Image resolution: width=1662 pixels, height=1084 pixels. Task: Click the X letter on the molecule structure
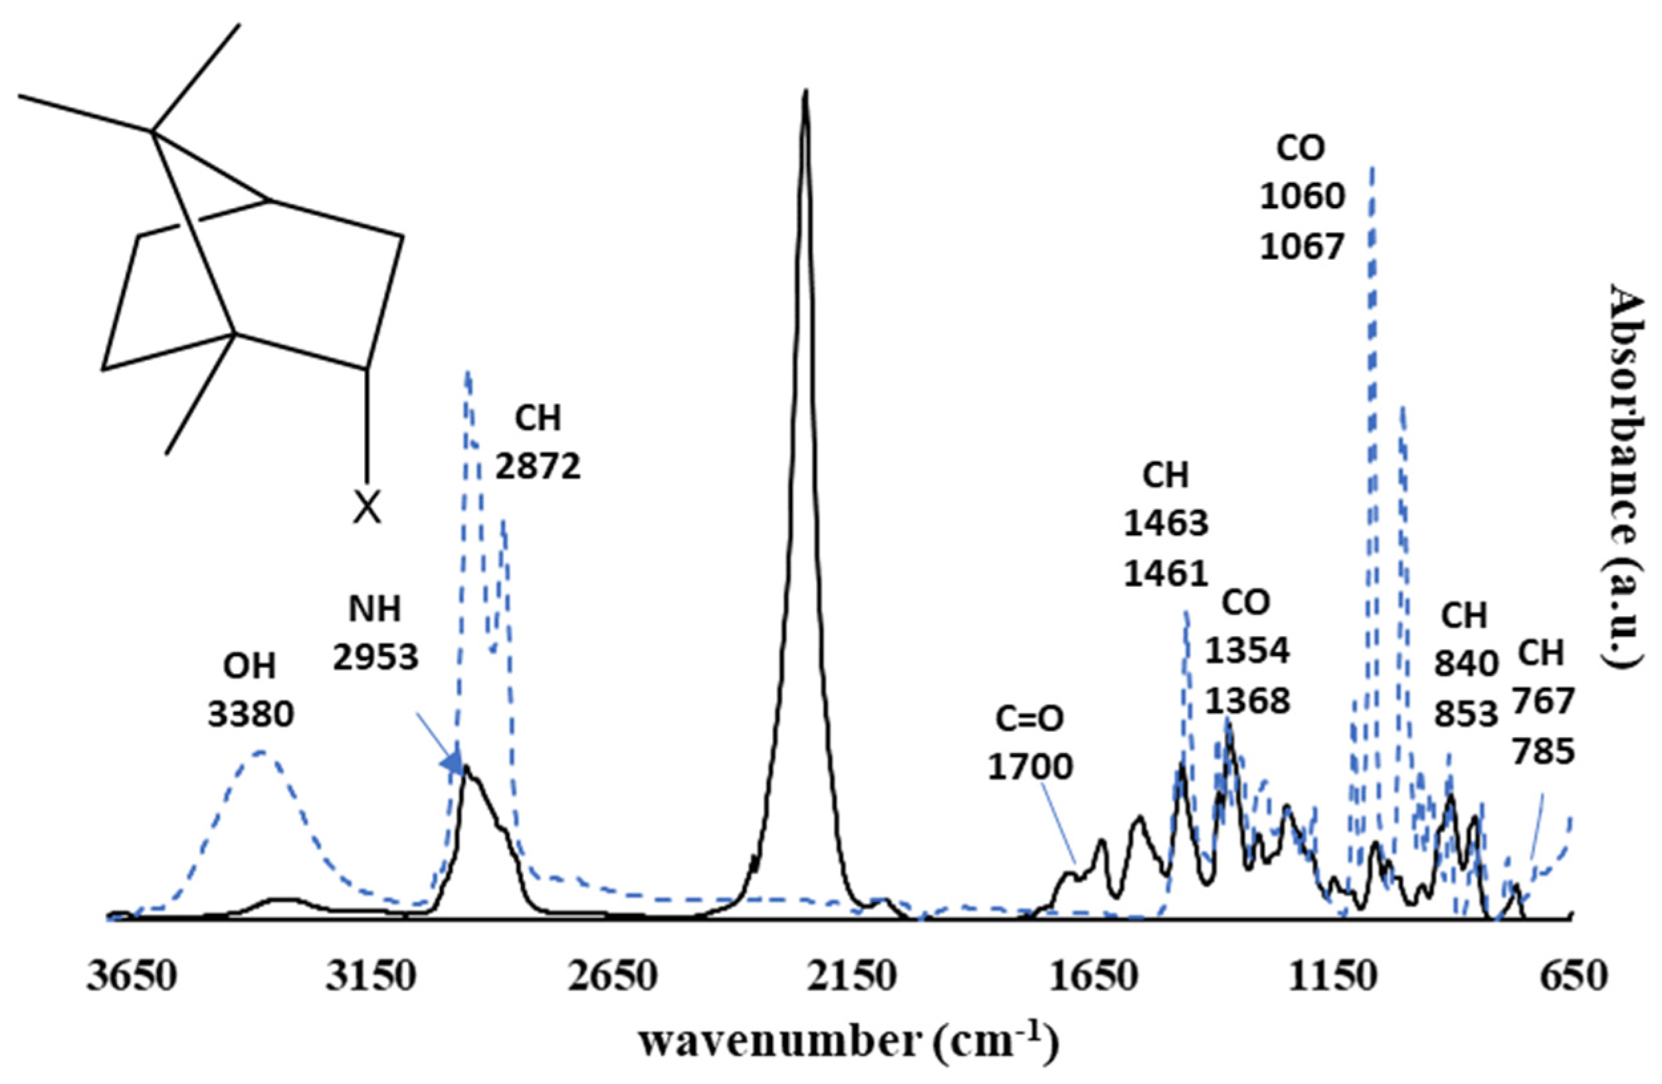tap(367, 508)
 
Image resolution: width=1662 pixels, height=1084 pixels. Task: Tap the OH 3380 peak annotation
tap(250, 690)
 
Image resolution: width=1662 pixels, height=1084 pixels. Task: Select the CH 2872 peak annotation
tap(538, 443)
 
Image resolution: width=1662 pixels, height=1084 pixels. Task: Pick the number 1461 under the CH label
tap(1166, 574)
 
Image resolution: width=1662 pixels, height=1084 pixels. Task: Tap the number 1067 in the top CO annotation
tap(1302, 247)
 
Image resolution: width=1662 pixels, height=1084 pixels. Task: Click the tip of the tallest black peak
tap(805, 92)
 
